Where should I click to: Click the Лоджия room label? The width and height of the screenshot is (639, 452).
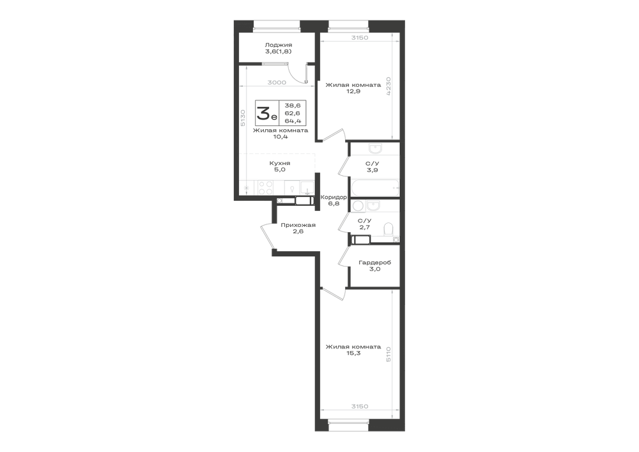click(x=279, y=45)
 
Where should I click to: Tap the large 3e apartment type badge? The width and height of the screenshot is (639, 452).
click(x=267, y=113)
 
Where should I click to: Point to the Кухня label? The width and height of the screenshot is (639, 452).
click(x=280, y=163)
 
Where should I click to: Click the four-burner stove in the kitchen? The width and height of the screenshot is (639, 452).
click(x=265, y=188)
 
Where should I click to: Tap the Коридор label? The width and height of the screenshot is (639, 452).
click(x=334, y=198)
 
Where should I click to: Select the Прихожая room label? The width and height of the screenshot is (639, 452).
click(x=298, y=225)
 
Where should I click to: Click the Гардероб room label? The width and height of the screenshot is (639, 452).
click(x=375, y=263)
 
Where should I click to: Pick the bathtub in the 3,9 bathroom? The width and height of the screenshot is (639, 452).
click(x=374, y=188)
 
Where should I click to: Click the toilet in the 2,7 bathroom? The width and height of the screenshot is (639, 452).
click(x=389, y=229)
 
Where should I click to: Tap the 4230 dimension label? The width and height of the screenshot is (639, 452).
click(x=389, y=86)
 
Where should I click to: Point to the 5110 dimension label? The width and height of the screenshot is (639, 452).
click(x=389, y=355)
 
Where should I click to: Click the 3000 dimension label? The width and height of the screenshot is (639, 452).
click(x=277, y=82)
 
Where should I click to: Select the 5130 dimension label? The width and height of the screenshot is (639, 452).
click(x=243, y=119)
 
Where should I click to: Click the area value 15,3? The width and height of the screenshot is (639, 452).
click(x=353, y=354)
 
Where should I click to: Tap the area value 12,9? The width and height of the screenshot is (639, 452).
click(x=353, y=91)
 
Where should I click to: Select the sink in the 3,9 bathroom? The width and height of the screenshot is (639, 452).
click(x=374, y=148)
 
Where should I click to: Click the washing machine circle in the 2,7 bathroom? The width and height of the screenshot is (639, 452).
click(x=358, y=206)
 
